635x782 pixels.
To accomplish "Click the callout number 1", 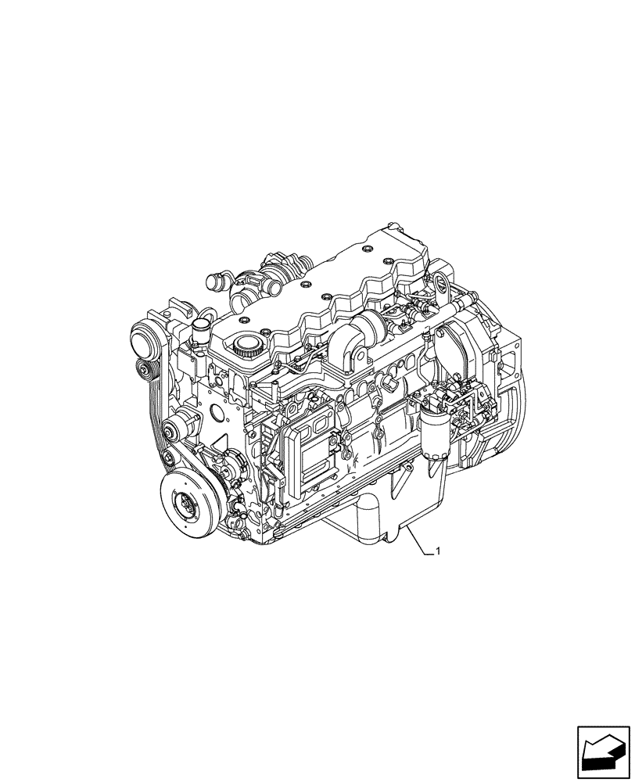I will point(438,552).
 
